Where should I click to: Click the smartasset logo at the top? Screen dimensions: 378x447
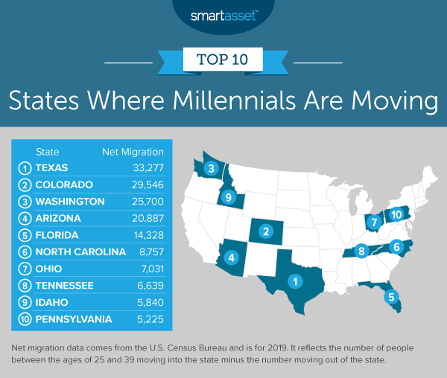[x=223, y=14]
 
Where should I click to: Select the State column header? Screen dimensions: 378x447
[x=48, y=152]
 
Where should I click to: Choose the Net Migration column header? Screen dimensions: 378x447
[x=132, y=152]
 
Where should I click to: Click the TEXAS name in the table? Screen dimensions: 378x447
[x=53, y=167]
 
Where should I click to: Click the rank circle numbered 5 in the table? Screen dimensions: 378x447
[x=24, y=234]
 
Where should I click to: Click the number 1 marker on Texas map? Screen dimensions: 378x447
[x=296, y=281]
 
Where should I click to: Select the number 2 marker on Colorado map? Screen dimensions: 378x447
[x=264, y=232]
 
